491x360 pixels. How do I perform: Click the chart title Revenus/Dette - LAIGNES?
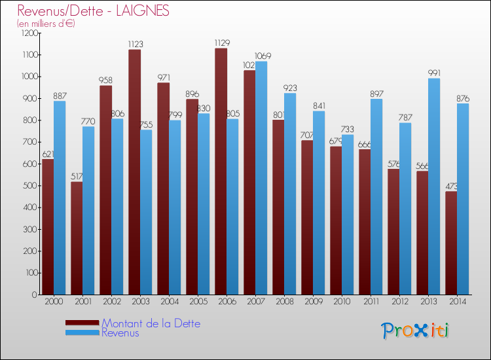point(93,11)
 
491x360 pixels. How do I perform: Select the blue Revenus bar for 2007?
point(261,177)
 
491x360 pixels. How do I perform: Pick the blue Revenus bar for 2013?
point(433,187)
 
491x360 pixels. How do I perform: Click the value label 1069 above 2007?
point(262,56)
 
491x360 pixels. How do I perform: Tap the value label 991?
point(434,73)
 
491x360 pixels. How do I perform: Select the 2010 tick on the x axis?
point(340,302)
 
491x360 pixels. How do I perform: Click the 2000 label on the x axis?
point(53,302)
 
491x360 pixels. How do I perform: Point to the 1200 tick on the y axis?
point(29,33)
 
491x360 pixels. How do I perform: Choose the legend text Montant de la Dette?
point(151,323)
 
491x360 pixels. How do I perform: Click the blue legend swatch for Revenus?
point(82,333)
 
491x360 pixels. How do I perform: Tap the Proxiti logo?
point(416,331)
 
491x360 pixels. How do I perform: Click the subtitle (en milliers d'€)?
point(46,24)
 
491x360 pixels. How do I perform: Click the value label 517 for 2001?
point(77,177)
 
